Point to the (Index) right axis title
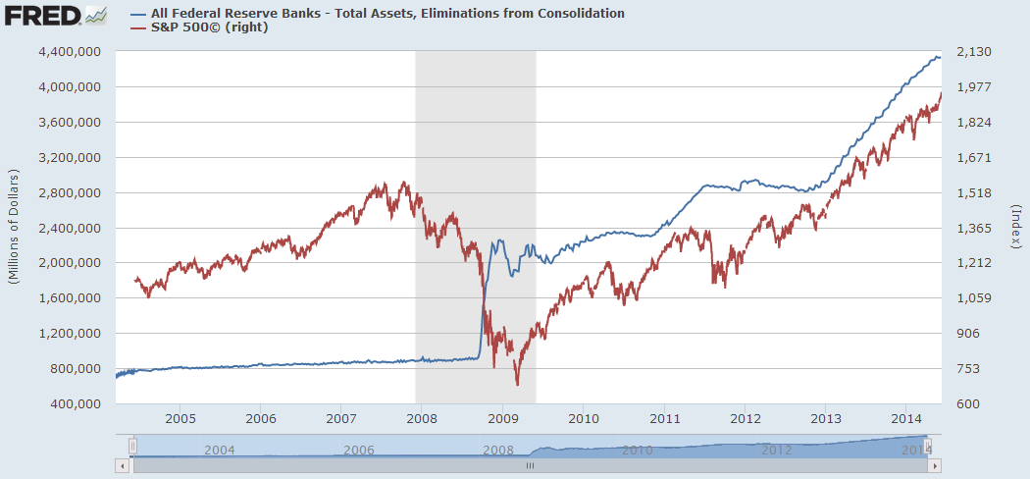1015,228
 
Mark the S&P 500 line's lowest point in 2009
517,386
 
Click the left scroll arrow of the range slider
122,466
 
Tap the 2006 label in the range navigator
359,450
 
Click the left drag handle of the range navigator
132,448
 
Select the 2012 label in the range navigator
776,450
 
